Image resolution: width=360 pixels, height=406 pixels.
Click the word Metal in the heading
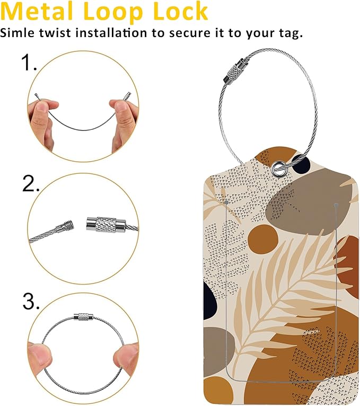pyautogui.click(x=37, y=11)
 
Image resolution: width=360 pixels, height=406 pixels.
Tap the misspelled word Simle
pyautogui.click(x=17, y=33)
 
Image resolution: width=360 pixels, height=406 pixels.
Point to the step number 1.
pyautogui.click(x=29, y=63)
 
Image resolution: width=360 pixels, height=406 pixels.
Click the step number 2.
pyautogui.click(x=31, y=183)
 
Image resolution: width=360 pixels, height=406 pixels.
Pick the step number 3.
pyautogui.click(x=31, y=301)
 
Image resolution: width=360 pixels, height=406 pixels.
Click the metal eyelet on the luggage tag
pyautogui.click(x=278, y=168)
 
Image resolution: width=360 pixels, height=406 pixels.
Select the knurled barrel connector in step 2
pyautogui.click(x=106, y=224)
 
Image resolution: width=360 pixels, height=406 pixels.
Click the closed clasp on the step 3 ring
pyautogui.click(x=83, y=316)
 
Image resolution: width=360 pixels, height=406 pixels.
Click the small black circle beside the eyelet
pyautogui.click(x=301, y=164)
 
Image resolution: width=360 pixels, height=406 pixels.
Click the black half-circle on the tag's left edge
pyautogui.click(x=209, y=301)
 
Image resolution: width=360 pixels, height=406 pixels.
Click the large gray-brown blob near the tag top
pyautogui.click(x=308, y=201)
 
